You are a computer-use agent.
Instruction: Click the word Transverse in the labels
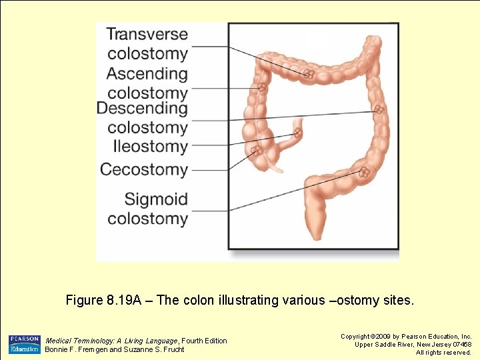click(147, 34)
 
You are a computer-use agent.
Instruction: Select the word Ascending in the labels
click(147, 73)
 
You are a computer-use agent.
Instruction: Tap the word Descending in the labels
click(143, 108)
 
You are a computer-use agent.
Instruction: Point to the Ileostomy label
click(150, 146)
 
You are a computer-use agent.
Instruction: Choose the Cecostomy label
click(143, 169)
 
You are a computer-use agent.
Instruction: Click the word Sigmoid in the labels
click(156, 199)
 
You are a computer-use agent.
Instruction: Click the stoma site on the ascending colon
click(262, 87)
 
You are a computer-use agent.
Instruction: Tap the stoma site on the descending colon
click(379, 109)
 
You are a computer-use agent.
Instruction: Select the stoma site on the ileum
click(297, 133)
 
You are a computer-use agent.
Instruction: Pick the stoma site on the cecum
click(256, 151)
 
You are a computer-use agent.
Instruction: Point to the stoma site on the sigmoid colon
click(364, 173)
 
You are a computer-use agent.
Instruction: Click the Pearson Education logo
click(25, 344)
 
